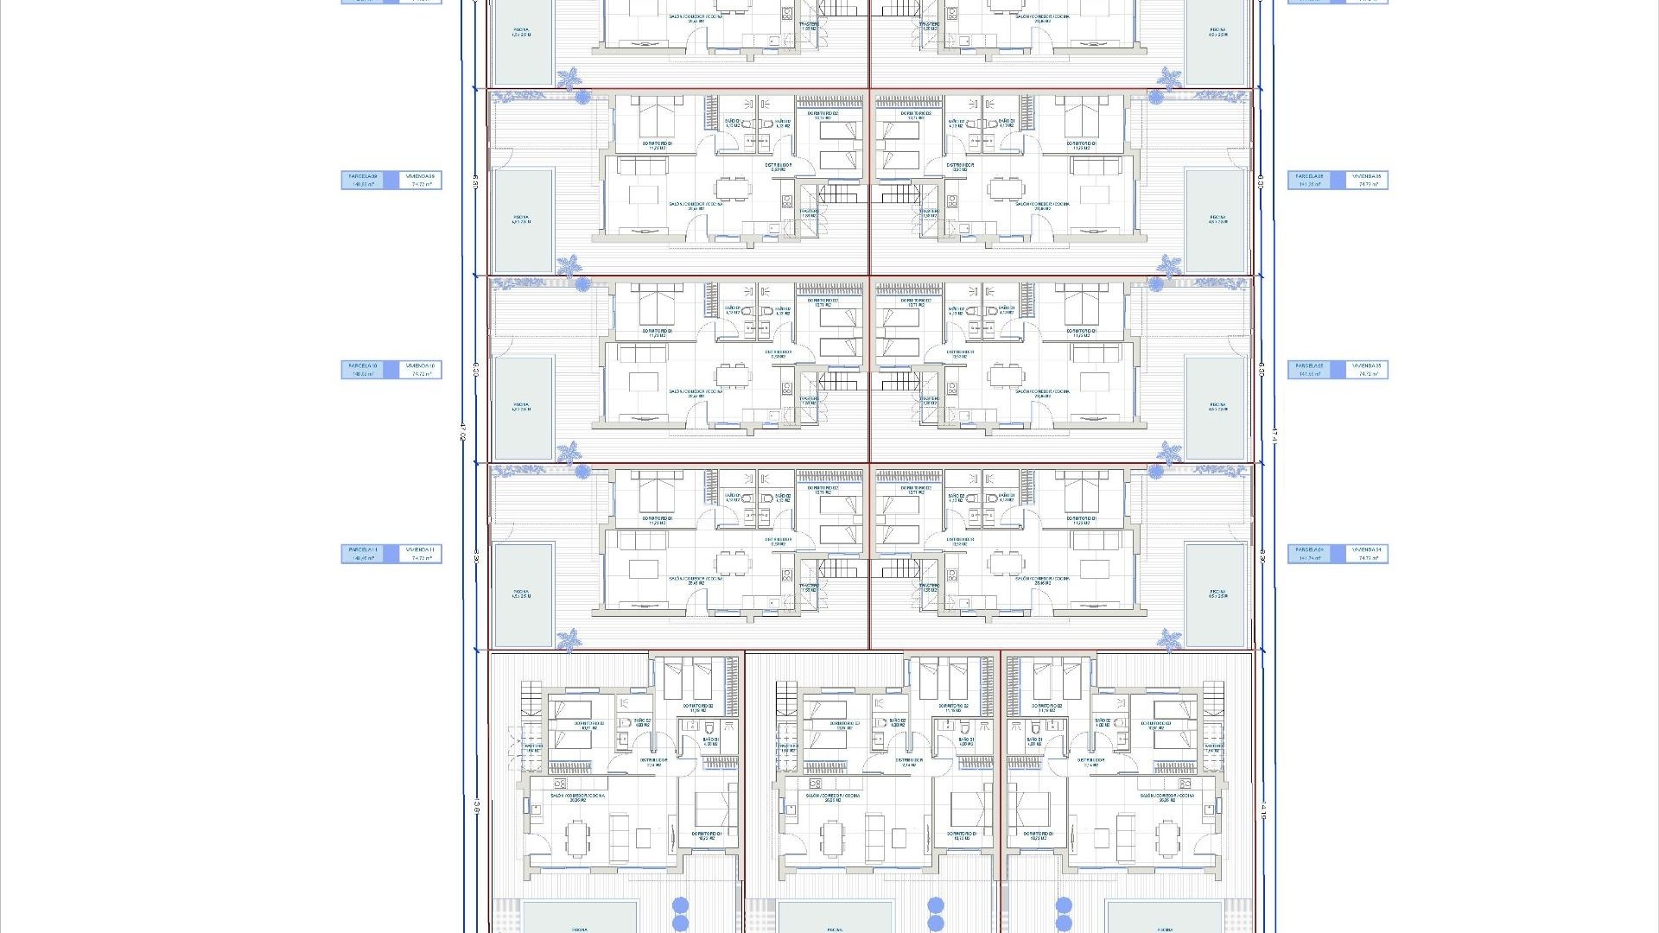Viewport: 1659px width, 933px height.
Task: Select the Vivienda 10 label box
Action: pos(421,370)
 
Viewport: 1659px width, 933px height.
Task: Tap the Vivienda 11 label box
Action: pos(421,554)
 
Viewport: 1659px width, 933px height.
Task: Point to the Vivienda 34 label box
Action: pos(1367,554)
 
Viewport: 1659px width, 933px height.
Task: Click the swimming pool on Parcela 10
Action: pos(522,408)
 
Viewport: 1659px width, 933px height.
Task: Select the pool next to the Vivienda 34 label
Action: pos(1217,594)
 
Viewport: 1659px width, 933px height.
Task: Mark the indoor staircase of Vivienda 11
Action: pos(836,568)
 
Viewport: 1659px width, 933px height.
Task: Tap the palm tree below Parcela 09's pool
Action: pos(569,264)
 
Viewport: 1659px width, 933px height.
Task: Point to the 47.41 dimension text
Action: pos(1274,432)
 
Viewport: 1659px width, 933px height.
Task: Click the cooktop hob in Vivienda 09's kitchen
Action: pos(787,201)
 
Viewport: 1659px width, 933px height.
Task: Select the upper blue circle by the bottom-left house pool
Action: pos(680,905)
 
